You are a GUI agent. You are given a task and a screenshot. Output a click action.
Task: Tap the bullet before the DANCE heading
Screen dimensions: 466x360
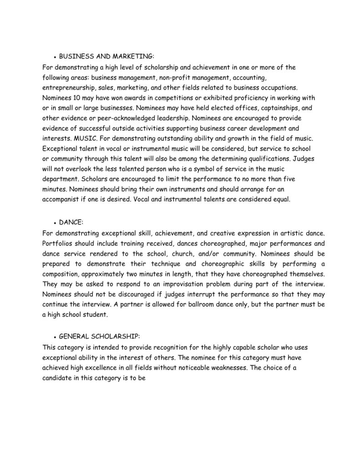click(55, 223)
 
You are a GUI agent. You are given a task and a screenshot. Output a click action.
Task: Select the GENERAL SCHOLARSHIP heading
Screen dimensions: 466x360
click(100, 337)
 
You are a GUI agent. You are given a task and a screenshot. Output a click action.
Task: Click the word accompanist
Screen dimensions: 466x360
click(63, 199)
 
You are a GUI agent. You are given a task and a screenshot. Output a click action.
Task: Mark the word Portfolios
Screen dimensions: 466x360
click(58, 243)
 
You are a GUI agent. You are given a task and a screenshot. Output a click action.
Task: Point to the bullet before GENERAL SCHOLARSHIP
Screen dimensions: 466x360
click(55, 337)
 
